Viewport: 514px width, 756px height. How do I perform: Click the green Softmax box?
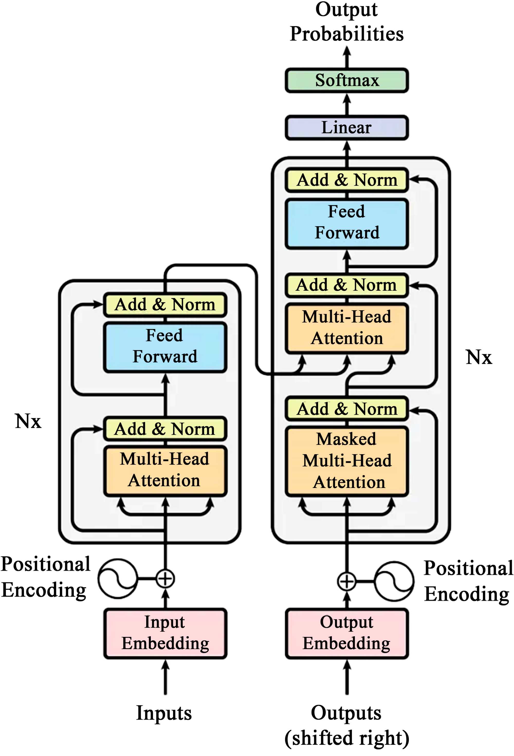(x=347, y=80)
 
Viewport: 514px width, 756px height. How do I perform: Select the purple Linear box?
(x=347, y=128)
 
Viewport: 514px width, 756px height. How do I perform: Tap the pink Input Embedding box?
(x=165, y=633)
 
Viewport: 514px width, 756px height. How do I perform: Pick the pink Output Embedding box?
(x=347, y=633)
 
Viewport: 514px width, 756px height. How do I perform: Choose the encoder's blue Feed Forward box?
(x=165, y=347)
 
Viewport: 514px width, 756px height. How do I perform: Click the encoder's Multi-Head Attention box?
(x=165, y=470)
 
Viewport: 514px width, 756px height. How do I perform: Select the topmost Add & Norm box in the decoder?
(x=347, y=180)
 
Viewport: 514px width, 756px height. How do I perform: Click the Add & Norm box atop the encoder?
(x=165, y=305)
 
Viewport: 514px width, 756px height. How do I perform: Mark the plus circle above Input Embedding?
(x=165, y=579)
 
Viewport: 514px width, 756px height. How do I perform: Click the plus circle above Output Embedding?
(x=347, y=581)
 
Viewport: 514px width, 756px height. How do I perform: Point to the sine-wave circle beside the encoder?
(x=118, y=579)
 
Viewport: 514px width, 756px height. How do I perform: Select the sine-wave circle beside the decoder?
(x=394, y=581)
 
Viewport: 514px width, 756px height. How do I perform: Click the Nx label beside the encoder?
(x=28, y=421)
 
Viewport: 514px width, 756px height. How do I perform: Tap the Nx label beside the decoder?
(x=479, y=357)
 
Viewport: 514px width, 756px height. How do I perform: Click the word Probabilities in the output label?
(x=347, y=34)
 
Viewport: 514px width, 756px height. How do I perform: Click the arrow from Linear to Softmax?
(x=347, y=104)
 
